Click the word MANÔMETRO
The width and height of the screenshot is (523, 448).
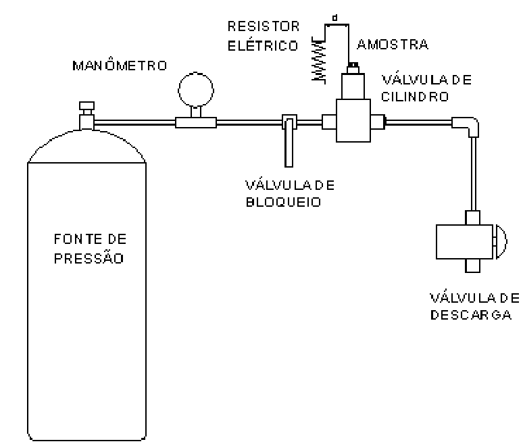coord(120,65)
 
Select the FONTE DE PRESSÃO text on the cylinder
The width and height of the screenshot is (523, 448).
coord(90,249)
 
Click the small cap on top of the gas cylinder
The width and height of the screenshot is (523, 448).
coord(86,105)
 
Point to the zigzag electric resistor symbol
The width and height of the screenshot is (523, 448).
coord(318,60)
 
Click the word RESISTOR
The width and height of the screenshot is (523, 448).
coord(264,26)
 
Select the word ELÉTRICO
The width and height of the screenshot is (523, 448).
coord(263,45)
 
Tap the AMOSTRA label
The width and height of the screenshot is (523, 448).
coord(393,45)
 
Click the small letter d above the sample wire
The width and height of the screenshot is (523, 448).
coord(335,18)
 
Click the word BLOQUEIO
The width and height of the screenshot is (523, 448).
coord(284,202)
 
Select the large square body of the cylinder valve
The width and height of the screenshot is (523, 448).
coord(353,120)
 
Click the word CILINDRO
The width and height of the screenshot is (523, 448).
coord(415,97)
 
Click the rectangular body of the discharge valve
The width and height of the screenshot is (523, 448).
coord(464,242)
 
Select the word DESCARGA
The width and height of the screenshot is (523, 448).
coord(471,315)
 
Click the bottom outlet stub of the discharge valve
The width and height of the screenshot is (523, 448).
coord(472,266)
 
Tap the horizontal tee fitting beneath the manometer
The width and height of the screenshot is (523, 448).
coord(196,122)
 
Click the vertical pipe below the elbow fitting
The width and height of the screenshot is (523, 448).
coord(473,174)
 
